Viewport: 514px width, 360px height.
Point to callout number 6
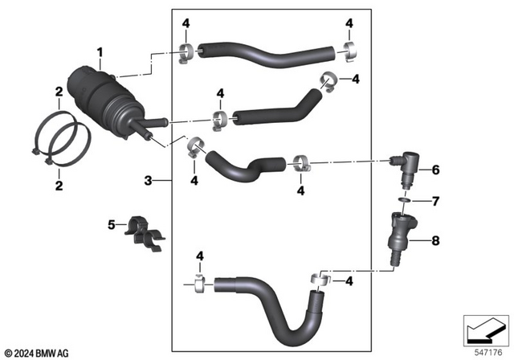pyautogui.click(x=436, y=170)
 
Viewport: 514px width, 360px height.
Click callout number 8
pyautogui.click(x=436, y=239)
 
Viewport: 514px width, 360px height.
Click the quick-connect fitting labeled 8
pyautogui.click(x=398, y=234)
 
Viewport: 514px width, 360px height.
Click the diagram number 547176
pyautogui.click(x=484, y=351)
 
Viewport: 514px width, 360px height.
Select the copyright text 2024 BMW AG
pyautogui.click(x=40, y=352)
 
